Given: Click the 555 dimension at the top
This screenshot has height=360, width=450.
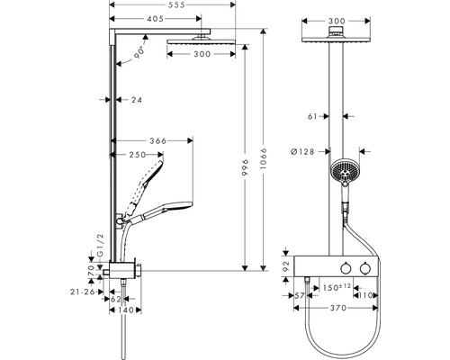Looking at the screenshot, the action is (176, 4).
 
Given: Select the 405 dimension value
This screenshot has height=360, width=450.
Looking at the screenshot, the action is (156, 19).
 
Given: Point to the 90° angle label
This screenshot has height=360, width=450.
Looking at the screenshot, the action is (139, 52).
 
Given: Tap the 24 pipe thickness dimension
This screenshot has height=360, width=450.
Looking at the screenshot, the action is (137, 100).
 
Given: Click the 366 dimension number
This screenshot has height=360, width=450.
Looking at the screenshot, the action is (157, 140).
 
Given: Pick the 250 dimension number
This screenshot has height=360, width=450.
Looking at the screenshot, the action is (138, 155).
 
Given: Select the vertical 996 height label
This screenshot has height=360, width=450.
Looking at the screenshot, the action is (246, 167).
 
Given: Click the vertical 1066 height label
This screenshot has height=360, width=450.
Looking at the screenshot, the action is (264, 158).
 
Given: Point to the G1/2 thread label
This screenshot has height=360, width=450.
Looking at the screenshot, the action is (101, 245).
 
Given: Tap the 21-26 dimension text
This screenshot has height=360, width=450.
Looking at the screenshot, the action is (83, 292).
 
